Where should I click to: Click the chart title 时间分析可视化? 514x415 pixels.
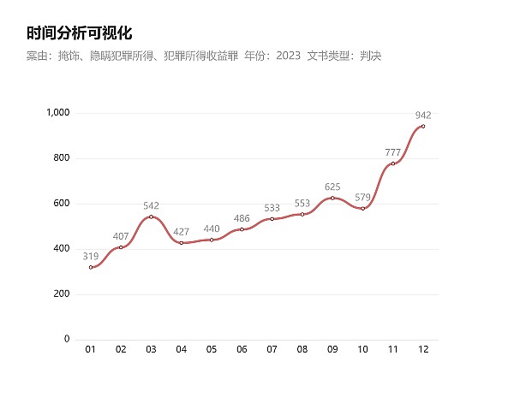(80, 34)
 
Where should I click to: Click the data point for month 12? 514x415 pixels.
(423, 127)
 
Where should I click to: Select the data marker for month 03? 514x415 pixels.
(151, 216)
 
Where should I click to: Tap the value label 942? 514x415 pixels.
(423, 115)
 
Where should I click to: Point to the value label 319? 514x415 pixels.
(91, 256)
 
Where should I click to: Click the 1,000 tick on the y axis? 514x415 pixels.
(58, 113)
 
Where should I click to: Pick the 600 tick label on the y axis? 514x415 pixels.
(61, 204)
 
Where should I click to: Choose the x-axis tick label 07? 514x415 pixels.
(272, 350)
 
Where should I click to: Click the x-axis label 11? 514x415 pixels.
(392, 350)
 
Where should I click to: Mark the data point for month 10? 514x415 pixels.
(362, 209)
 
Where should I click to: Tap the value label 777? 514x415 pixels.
(393, 151)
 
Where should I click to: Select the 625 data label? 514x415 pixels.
(332, 187)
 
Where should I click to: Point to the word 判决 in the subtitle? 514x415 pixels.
(370, 56)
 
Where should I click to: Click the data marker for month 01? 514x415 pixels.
(91, 267)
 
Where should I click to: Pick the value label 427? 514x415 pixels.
(182, 231)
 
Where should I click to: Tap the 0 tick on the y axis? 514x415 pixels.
(67, 340)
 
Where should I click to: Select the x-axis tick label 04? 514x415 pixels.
(182, 350)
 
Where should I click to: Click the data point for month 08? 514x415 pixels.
(302, 214)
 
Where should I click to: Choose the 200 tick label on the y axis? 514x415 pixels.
(61, 294)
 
